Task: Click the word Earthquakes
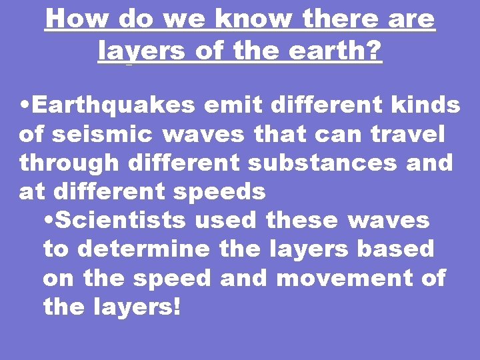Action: pos(113,105)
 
